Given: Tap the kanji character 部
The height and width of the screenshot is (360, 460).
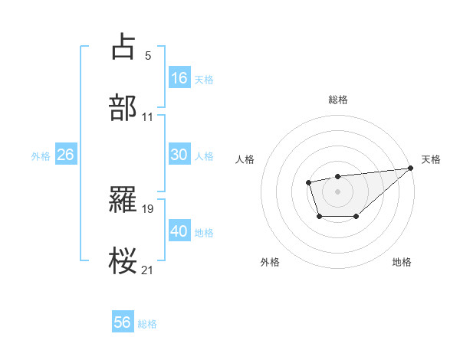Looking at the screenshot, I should coord(123,108).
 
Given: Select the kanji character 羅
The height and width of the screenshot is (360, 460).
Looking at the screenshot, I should coord(123,199).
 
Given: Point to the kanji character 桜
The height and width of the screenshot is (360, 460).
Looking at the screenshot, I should coord(123,261).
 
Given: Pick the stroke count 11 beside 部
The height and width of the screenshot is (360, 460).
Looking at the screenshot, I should coord(148,117).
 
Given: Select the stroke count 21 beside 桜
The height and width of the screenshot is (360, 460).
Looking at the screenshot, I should coord(148,270).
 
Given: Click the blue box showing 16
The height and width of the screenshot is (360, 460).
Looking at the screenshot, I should coord(179,78).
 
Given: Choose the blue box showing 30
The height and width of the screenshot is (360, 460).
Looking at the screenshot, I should coord(179,155).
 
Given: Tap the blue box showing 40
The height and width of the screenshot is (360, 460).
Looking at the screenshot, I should coord(179,231).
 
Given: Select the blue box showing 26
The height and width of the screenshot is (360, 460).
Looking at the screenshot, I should coord(65,155).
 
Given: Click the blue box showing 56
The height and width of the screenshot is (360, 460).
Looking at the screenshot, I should coord(122,322).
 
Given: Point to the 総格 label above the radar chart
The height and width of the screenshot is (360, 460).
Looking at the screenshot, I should coord(338,100).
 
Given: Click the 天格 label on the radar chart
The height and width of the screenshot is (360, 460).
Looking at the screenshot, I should coord(431,159).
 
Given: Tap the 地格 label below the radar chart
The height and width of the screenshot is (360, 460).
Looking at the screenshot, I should coord(402,262).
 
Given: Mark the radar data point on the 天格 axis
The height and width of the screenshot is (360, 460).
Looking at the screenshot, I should coord(410,169).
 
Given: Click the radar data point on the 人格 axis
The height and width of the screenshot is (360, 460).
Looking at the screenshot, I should coord(308,182).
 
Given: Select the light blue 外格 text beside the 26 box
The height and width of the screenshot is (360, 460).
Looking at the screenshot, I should coord(41,155).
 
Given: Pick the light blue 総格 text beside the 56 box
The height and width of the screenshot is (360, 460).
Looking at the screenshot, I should coord(147,324).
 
